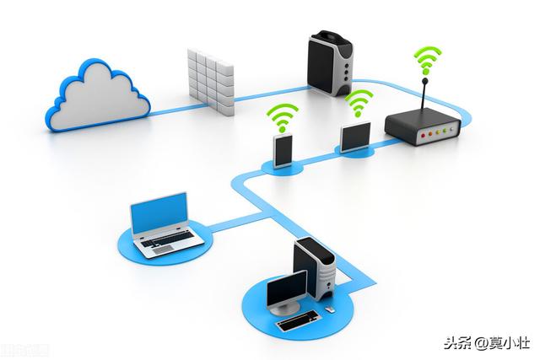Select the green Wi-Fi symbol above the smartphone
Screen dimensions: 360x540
pos(283,116)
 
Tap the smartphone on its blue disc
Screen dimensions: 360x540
pos(283,150)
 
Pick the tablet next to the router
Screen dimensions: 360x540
pos(354,137)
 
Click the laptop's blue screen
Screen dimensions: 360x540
pos(159,213)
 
